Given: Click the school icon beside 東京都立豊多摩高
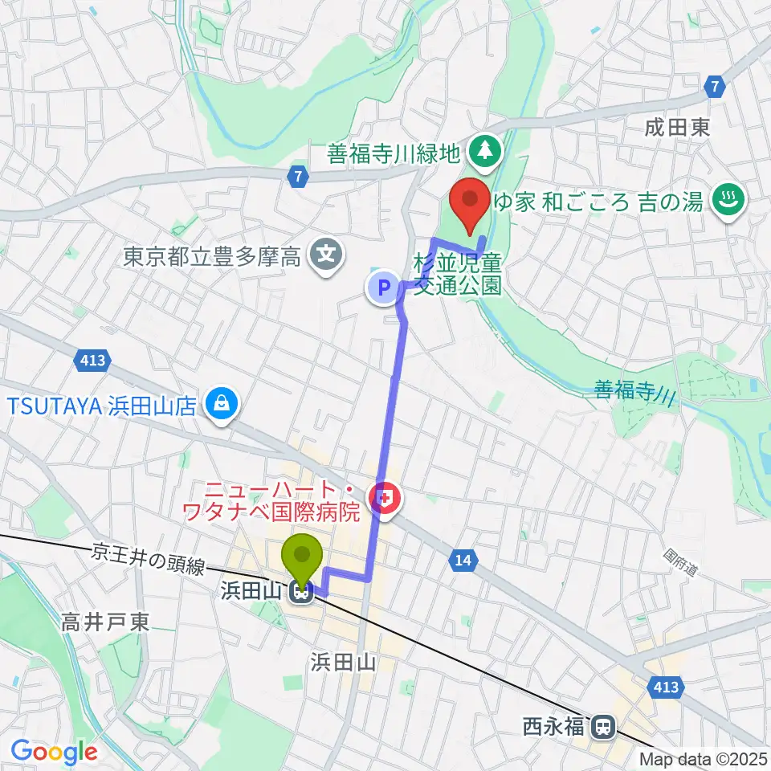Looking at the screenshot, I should [326, 258].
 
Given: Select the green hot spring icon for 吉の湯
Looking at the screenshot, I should [729, 199].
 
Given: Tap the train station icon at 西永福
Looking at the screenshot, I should [600, 728].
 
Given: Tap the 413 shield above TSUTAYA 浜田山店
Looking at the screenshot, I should [94, 361].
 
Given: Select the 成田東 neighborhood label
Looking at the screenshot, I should [677, 128].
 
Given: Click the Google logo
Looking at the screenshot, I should [54, 753].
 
